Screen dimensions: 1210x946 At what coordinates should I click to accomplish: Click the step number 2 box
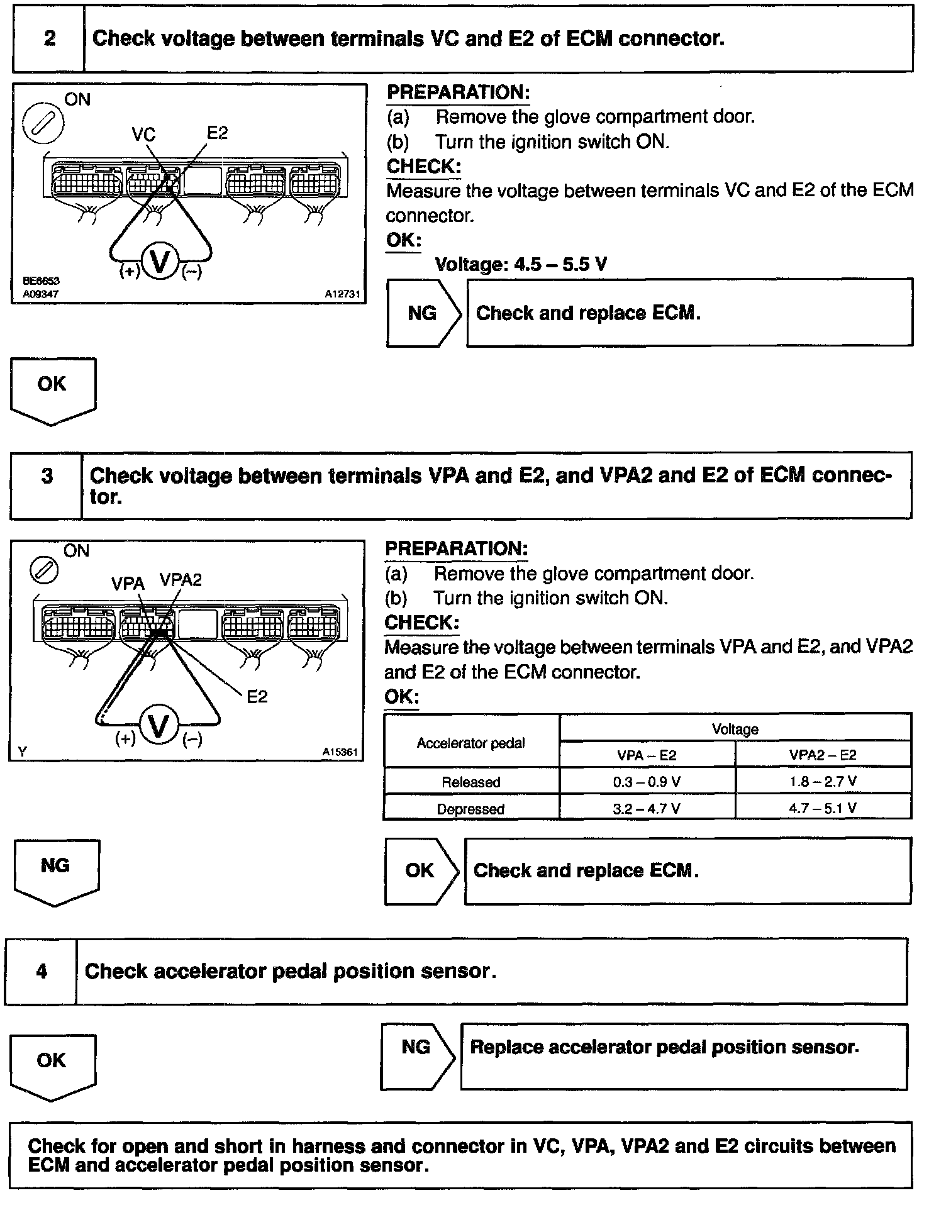(49, 39)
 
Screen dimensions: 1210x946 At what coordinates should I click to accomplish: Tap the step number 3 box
(47, 485)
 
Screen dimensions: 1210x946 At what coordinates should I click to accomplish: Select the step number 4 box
(42, 971)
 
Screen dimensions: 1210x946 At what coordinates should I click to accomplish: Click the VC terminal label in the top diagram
(143, 135)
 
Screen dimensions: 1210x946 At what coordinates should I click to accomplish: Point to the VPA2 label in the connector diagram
(181, 580)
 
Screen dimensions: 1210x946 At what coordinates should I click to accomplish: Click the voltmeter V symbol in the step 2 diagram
(161, 262)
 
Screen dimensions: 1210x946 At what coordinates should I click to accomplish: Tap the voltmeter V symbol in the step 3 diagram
(159, 726)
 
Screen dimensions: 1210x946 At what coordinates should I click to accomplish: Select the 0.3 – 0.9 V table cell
(647, 782)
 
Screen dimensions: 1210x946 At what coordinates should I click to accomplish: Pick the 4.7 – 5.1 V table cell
(823, 808)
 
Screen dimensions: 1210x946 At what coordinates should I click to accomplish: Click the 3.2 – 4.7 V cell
(647, 809)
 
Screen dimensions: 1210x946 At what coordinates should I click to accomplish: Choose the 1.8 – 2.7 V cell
(823, 782)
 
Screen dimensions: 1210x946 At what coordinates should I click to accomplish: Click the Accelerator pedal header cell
(470, 743)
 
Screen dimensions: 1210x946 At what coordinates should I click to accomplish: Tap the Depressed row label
(470, 809)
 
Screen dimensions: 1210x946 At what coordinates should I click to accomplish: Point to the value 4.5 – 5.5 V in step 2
(560, 264)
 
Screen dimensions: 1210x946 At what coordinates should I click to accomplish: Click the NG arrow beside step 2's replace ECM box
(423, 313)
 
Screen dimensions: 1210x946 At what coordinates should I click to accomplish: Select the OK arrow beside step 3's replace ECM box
(420, 870)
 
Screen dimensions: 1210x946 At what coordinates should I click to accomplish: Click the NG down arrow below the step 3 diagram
(55, 872)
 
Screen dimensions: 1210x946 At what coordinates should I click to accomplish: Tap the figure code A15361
(340, 752)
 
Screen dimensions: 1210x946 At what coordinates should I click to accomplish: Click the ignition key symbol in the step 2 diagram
(43, 123)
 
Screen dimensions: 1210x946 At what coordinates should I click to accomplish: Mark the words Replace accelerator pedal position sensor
(664, 1047)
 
